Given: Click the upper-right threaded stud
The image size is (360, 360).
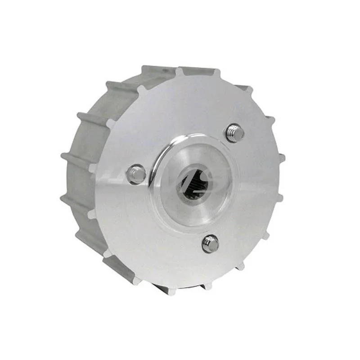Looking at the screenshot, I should click(x=235, y=133).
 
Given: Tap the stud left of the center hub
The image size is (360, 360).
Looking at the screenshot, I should click(x=136, y=174).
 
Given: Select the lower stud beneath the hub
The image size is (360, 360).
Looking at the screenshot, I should click(x=210, y=243).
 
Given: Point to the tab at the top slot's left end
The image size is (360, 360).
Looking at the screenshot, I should click(x=179, y=71).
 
